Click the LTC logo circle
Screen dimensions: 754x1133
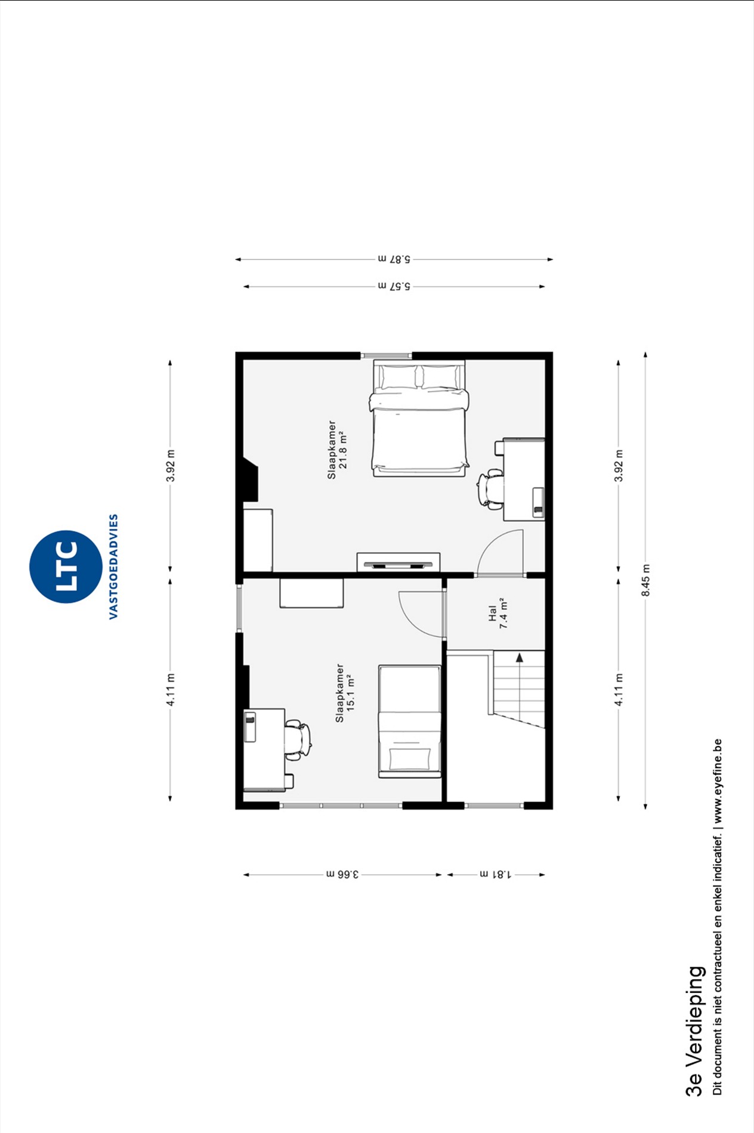[x=66, y=566]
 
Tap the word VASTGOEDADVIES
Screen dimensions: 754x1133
[x=113, y=566]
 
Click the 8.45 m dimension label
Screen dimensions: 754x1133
[x=645, y=580]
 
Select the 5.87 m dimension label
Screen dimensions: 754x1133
[x=394, y=259]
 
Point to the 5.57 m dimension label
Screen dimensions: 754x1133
[x=394, y=286]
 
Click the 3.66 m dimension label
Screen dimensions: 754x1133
[x=342, y=875]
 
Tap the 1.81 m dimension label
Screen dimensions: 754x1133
[x=496, y=875]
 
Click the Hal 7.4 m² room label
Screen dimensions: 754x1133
[x=498, y=613]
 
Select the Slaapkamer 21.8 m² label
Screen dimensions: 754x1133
[x=337, y=450]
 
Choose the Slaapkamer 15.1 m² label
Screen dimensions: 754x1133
[x=345, y=693]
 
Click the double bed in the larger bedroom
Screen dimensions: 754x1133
[x=419, y=418]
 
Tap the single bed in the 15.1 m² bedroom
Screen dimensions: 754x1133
[x=410, y=722]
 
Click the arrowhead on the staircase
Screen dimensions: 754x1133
[x=520, y=658]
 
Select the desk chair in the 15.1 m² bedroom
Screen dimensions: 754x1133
[x=297, y=740]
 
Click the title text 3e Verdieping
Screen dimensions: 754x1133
[x=694, y=1031]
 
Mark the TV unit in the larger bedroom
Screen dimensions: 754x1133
[x=398, y=563]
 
